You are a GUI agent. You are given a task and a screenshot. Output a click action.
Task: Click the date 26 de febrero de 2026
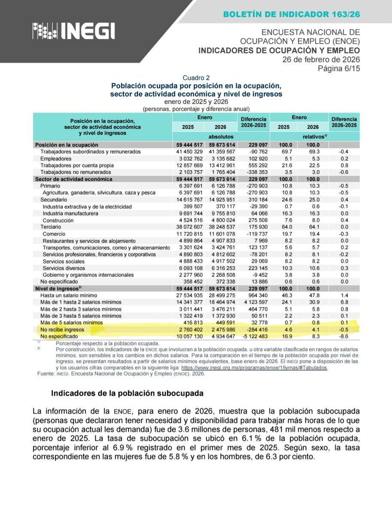321,60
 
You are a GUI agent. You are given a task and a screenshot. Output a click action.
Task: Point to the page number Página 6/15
339,69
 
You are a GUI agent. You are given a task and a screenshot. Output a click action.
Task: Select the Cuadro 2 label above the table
196,78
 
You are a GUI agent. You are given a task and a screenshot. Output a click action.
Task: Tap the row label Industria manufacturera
71,213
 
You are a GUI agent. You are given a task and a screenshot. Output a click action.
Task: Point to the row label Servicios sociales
64,261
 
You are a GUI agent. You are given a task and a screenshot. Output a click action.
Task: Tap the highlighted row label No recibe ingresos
63,329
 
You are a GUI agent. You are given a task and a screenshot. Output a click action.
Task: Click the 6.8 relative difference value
343,302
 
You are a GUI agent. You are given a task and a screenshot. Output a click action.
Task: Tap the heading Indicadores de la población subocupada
127,393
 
